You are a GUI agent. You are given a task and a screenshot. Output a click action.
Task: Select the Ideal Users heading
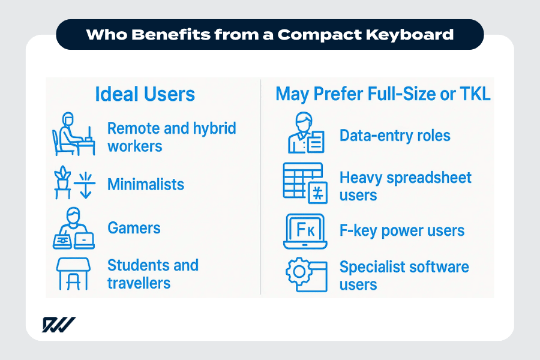coord(145,94)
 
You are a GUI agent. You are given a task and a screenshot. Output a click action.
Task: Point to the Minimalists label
coord(146,184)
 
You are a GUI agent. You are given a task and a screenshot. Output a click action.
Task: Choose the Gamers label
coord(134,228)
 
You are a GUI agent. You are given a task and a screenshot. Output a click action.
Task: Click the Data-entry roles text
coord(395,136)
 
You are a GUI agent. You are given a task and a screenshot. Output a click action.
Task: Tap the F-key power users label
coord(402,230)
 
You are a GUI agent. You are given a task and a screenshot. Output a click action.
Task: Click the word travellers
coord(139,283)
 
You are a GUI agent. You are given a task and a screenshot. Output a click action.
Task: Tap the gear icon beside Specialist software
coord(298,274)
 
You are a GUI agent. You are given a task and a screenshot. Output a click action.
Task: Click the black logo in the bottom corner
coord(59,325)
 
